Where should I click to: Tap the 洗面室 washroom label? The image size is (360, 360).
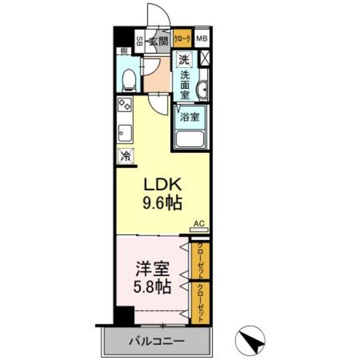tap(184, 84)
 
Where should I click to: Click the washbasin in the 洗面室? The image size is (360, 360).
tap(201, 90)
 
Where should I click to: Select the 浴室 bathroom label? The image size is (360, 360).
tap(190, 118)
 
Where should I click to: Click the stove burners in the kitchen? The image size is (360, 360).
tap(124, 105)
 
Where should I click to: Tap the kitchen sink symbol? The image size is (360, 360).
tap(124, 134)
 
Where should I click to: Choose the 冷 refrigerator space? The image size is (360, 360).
tap(125, 156)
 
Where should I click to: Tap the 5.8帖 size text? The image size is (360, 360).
tap(151, 287)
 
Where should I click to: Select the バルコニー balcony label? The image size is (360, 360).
tap(148, 341)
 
